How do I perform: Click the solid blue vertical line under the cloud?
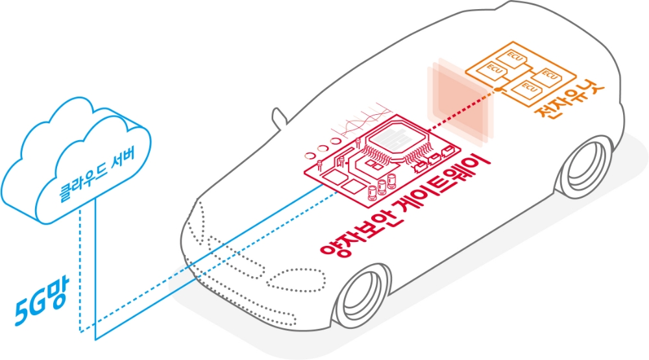coord(96,272)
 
